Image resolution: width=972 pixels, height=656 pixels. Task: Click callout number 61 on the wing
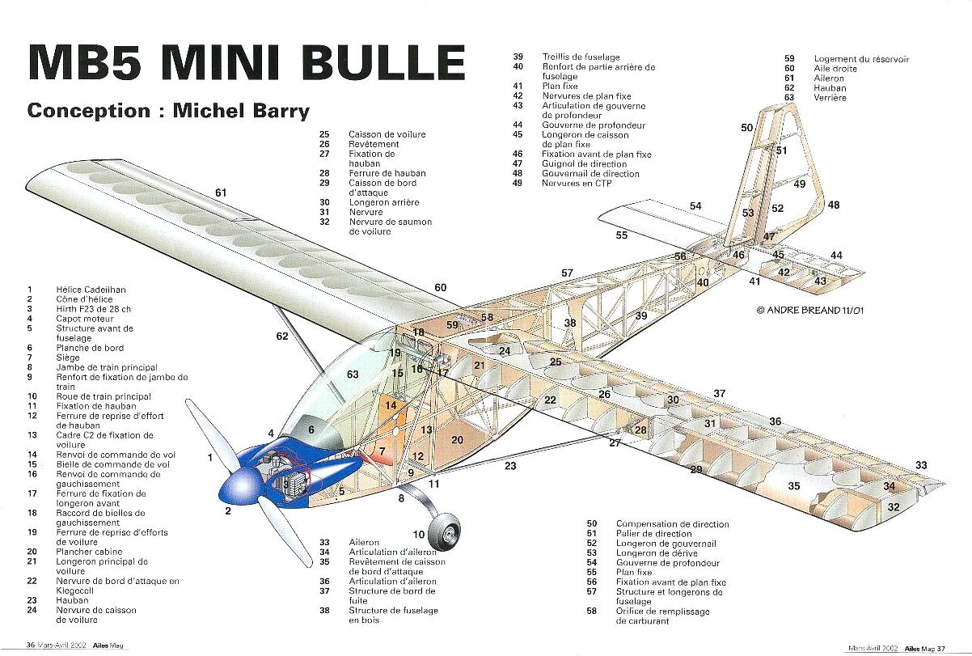click(221, 193)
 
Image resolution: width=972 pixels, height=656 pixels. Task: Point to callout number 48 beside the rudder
click(833, 205)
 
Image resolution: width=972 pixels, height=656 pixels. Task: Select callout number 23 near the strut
click(510, 466)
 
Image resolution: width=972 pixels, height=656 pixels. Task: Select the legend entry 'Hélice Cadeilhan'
click(91, 290)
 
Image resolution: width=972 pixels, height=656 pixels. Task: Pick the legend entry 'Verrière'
click(830, 98)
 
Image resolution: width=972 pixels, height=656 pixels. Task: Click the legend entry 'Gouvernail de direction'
click(590, 174)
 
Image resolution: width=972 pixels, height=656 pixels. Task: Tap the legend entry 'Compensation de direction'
click(672, 524)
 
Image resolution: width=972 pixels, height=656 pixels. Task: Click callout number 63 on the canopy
click(353, 375)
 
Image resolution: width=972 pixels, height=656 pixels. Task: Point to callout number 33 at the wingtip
click(921, 465)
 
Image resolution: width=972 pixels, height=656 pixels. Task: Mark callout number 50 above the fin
click(746, 128)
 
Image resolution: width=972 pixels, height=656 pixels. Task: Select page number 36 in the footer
click(30, 645)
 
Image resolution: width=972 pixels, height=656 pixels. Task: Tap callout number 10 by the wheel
click(419, 535)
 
